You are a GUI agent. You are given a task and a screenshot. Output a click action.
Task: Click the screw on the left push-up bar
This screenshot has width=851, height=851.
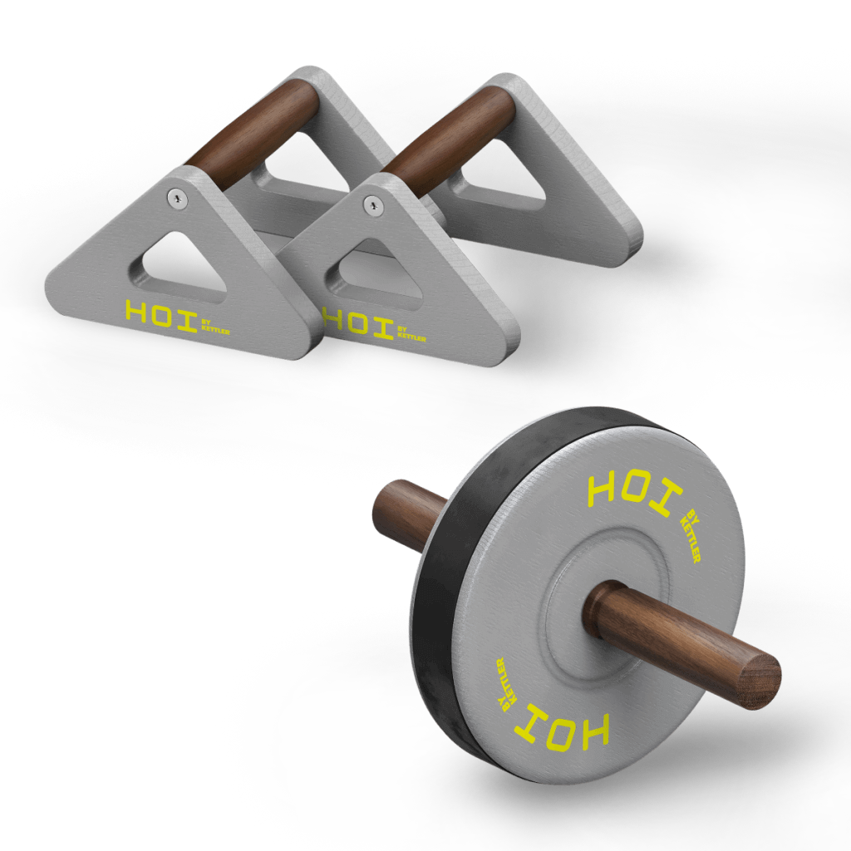[x=177, y=198]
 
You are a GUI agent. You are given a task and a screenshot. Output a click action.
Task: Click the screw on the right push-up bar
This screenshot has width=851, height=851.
[x=373, y=204]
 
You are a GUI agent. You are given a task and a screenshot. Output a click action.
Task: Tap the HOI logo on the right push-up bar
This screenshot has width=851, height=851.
[x=358, y=323]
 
